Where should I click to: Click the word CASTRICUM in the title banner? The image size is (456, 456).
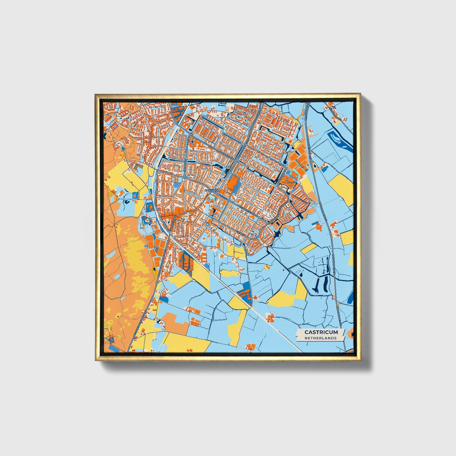tap(321, 332)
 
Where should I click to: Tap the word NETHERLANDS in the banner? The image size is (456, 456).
tap(321, 338)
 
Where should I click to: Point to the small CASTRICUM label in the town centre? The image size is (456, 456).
tap(211, 191)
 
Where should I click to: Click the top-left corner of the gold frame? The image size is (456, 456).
tap(96, 94)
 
